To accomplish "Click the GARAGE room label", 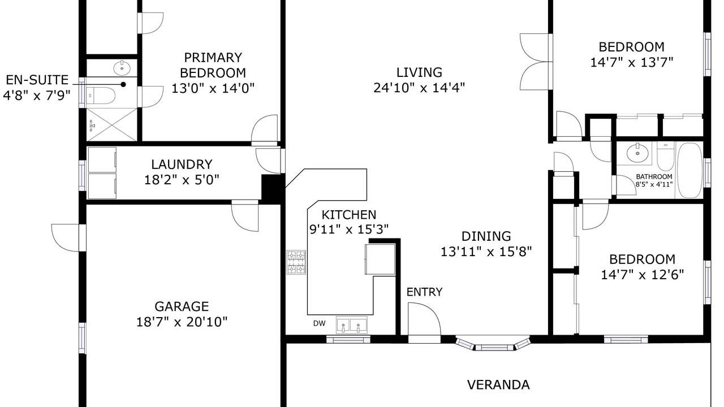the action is [x=182, y=306].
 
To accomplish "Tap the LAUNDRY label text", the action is [x=182, y=164].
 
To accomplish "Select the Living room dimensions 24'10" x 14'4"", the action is [x=419, y=88].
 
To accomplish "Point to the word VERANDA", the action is [x=498, y=385].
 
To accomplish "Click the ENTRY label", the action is [x=424, y=292].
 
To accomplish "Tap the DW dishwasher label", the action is [x=320, y=323].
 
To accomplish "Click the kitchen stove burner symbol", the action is [x=296, y=262].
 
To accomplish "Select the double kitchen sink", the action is [x=352, y=324].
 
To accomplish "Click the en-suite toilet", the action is [x=101, y=96].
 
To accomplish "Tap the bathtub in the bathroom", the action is [x=689, y=170].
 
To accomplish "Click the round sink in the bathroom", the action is [x=637, y=153].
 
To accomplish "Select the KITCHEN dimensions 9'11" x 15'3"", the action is [x=349, y=230].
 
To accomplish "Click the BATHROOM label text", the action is [x=654, y=177].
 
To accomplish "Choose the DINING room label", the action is [x=486, y=236].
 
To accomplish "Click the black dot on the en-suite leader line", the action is [x=123, y=85].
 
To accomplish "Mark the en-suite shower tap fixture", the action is [x=92, y=125].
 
